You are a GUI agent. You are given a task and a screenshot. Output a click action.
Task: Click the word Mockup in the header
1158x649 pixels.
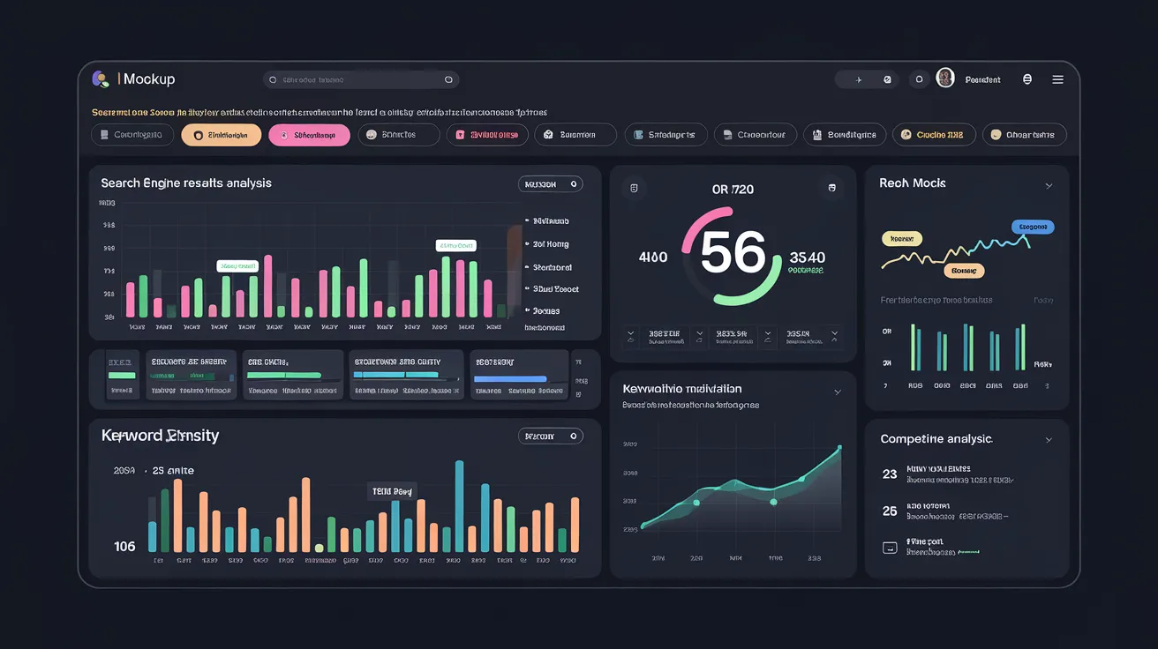tap(149, 79)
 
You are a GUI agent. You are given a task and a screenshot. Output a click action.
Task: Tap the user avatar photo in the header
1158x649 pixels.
tap(945, 78)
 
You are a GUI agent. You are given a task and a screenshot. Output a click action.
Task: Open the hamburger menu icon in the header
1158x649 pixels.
tap(1057, 79)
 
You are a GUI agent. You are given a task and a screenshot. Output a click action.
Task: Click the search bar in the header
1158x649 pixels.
tap(360, 79)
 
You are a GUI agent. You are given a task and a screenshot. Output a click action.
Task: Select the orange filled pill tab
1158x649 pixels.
tap(221, 135)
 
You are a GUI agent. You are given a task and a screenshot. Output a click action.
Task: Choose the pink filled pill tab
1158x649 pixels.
tap(309, 135)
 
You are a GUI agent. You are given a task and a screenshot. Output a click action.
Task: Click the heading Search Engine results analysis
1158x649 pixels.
tap(186, 183)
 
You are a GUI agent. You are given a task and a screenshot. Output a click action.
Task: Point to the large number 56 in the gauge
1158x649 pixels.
tap(733, 254)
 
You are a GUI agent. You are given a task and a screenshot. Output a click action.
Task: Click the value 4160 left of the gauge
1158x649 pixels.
tap(653, 257)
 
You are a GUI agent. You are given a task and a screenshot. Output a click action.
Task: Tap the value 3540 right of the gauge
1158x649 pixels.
tap(807, 257)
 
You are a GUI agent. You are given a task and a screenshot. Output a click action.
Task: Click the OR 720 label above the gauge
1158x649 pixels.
tap(733, 190)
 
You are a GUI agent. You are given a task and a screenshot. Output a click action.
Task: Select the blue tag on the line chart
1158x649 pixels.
tap(1033, 228)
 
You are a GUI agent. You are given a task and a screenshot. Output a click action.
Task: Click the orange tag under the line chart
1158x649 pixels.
tap(964, 271)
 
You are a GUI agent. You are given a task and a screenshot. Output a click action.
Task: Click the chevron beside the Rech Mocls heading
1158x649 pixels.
tap(1049, 186)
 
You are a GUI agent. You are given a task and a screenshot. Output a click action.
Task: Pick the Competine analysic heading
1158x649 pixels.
tap(936, 439)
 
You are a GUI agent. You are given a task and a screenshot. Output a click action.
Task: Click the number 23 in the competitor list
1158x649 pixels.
tap(890, 474)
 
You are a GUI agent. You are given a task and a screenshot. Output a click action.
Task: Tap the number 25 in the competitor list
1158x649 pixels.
tap(890, 511)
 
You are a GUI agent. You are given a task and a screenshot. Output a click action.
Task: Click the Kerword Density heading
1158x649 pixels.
tap(160, 436)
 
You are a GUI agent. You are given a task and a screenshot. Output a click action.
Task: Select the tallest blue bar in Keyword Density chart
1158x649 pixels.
tap(459, 506)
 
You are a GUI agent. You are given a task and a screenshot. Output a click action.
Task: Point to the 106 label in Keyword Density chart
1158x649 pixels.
tap(125, 547)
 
